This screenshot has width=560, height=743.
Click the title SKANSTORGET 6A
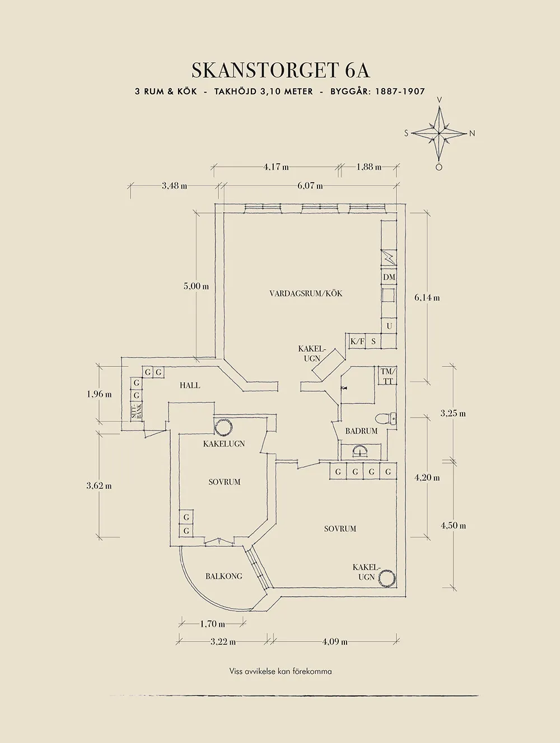(281, 71)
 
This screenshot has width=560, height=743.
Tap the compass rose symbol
(440, 133)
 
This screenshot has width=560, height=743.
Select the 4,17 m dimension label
(276, 166)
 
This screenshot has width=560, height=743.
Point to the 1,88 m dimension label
(368, 166)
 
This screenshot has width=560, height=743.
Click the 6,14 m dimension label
(427, 298)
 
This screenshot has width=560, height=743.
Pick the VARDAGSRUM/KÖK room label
(306, 294)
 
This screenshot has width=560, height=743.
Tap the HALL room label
(190, 385)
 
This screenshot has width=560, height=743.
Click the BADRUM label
(361, 431)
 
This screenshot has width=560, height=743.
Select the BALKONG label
(223, 576)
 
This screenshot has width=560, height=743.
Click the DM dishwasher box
(389, 277)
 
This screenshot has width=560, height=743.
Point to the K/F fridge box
(357, 341)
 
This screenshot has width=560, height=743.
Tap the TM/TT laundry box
(387, 377)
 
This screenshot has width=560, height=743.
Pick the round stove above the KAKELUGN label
(224, 428)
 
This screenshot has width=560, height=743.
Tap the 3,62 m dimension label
(99, 486)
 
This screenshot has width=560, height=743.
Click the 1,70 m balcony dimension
(212, 624)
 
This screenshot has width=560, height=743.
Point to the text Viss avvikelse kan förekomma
(280, 671)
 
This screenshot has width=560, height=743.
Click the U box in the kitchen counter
(389, 326)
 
